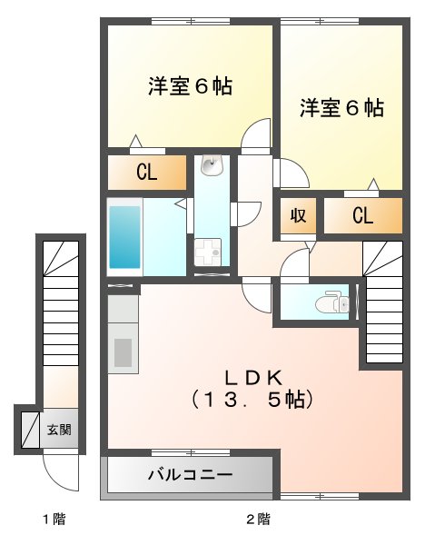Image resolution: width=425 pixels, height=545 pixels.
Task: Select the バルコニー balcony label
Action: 190,474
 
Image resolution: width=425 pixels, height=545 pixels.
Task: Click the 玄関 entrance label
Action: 60,429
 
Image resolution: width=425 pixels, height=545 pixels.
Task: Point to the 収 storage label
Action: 297,215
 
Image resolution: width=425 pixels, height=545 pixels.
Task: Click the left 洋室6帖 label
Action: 191,87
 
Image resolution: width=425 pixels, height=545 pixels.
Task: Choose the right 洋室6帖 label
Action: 341,108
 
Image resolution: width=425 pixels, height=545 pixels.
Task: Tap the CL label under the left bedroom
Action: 147,173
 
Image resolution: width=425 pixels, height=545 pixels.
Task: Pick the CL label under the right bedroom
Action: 362,215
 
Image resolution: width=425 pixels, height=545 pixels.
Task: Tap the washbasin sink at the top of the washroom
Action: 212,166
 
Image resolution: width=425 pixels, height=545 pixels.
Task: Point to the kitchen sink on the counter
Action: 122,351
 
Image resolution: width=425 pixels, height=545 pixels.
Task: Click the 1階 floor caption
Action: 53,520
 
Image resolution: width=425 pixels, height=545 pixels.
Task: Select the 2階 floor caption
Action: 258,520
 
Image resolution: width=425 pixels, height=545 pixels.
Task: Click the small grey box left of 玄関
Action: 26,428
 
